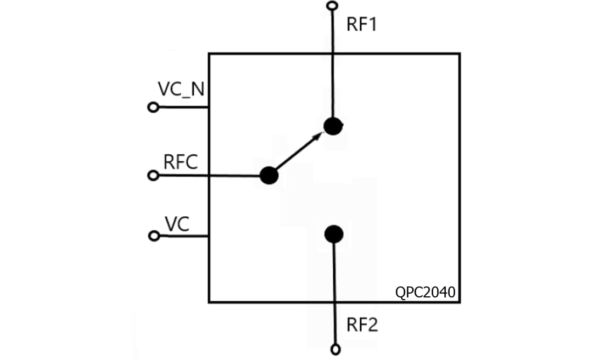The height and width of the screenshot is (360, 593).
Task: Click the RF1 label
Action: pyautogui.click(x=361, y=25)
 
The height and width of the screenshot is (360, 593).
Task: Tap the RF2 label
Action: pyautogui.click(x=362, y=325)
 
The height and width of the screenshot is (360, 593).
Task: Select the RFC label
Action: pyautogui.click(x=180, y=162)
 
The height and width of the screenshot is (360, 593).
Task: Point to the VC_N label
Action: pyautogui.click(x=181, y=89)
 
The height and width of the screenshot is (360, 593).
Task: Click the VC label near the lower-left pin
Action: pyautogui.click(x=177, y=223)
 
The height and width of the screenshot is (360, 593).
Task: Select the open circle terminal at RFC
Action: pyautogui.click(x=154, y=176)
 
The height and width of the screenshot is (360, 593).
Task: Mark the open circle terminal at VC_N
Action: pyautogui.click(x=154, y=108)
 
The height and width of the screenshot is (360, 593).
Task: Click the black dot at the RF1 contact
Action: pyautogui.click(x=332, y=126)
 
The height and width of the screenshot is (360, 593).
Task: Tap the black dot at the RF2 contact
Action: pyautogui.click(x=333, y=234)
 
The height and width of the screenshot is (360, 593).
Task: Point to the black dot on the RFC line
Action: pyautogui.click(x=268, y=176)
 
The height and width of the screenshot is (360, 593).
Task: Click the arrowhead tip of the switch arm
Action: pyautogui.click(x=321, y=134)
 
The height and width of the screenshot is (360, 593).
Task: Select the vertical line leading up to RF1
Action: pyautogui.click(x=332, y=66)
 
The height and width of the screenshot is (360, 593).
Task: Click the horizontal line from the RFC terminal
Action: pyautogui.click(x=209, y=176)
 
